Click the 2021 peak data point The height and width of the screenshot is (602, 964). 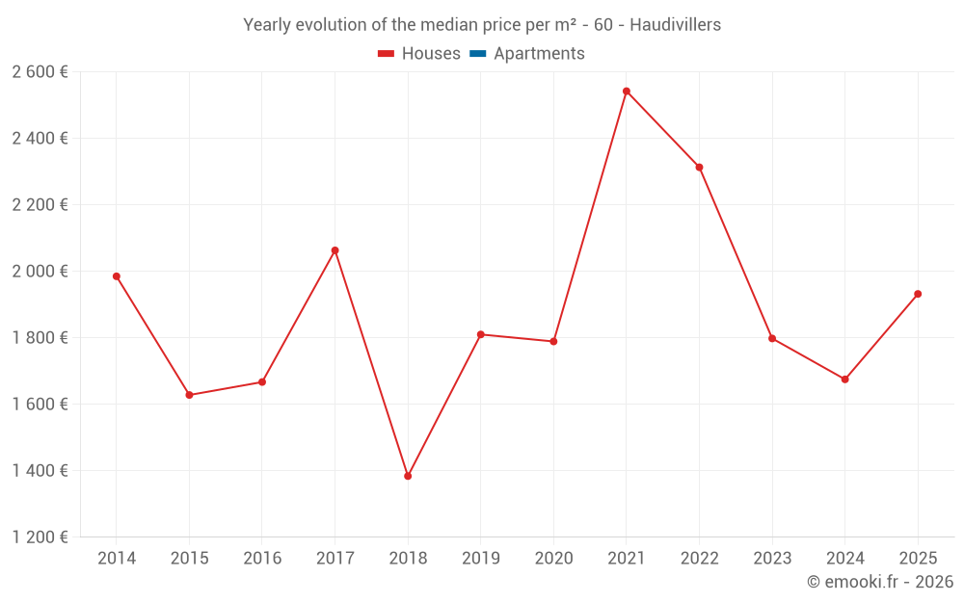[627, 92]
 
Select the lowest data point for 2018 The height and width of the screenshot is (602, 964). [408, 476]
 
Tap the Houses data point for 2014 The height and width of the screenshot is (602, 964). [117, 276]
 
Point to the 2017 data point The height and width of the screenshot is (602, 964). [335, 250]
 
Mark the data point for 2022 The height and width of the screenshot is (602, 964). [699, 168]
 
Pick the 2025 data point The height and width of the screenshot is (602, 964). [918, 294]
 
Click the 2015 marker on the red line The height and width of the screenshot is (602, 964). [189, 395]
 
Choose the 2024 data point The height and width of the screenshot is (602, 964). [844, 380]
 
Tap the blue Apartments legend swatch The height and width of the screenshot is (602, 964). [477, 54]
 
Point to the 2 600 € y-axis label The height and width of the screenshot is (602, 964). [40, 71]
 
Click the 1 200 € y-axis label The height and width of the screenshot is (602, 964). [40, 537]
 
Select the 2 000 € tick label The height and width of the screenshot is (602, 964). [40, 271]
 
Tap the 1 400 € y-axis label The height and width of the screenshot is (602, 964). [40, 470]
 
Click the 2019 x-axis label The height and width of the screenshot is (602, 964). [480, 559]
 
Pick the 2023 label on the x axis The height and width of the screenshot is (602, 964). [772, 559]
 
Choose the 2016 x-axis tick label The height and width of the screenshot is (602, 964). [262, 559]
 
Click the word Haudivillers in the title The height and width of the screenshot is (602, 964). [675, 25]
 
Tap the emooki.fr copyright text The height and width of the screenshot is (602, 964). [880, 582]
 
